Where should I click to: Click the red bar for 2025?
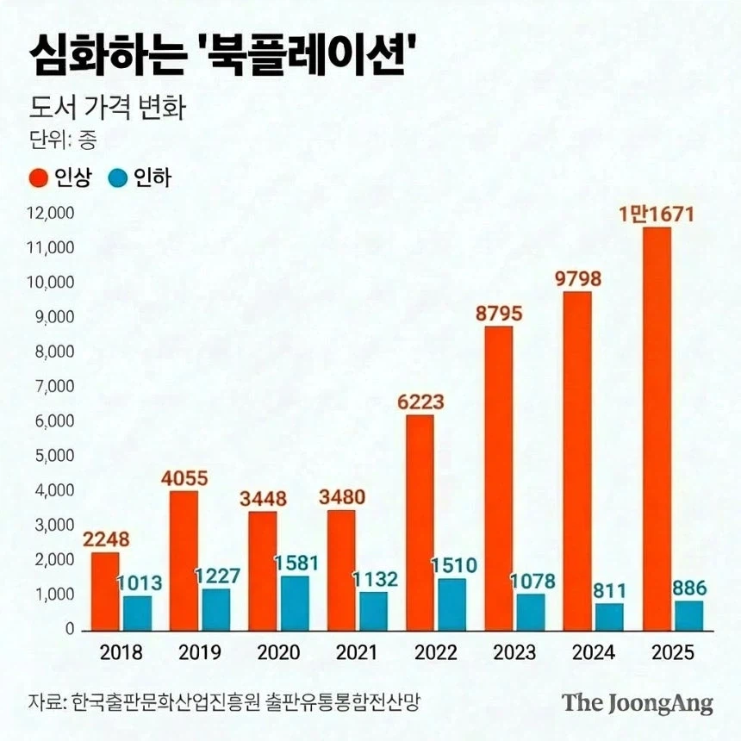coord(657,428)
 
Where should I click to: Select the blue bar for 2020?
coord(295,602)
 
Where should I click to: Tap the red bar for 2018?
coord(105,591)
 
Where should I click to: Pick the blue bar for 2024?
coord(610,616)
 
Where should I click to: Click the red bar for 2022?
coord(420,522)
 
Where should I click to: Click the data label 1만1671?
coord(656,214)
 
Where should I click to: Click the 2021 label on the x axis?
coord(358,652)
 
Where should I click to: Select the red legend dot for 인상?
coord(39,178)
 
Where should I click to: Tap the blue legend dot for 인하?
coord(119,178)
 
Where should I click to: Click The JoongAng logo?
coord(638,702)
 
